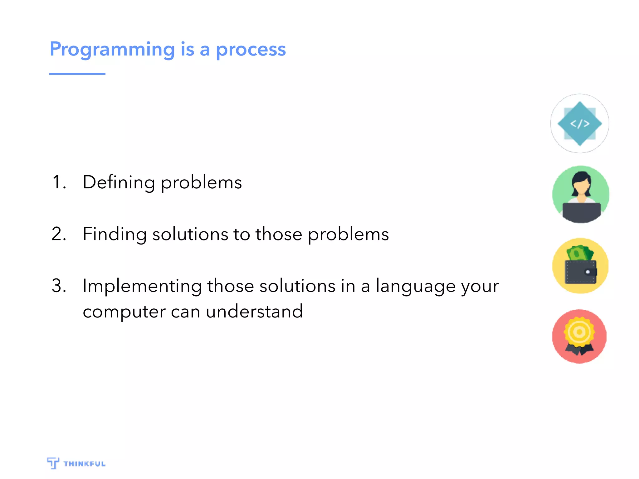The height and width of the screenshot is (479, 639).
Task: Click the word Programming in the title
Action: coord(112,50)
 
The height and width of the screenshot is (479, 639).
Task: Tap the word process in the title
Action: coord(251,50)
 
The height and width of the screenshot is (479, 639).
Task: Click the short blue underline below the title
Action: coord(77,74)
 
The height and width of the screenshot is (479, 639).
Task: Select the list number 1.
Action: coord(58,182)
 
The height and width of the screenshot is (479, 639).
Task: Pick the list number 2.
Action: coord(58,234)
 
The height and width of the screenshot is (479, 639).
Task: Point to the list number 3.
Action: coord(58,286)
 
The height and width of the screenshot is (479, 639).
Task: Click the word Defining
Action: coord(119,182)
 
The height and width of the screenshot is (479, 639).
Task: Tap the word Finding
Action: coord(115,234)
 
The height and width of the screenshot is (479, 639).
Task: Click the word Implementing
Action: coord(142,286)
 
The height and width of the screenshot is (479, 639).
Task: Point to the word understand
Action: coord(254,311)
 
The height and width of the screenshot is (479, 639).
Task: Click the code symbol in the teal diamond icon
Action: coord(580,124)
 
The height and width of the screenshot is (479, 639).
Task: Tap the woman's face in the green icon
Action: coord(581,186)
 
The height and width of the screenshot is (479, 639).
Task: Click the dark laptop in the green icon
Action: coord(581,212)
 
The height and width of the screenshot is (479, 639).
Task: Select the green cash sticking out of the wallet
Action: coord(579,253)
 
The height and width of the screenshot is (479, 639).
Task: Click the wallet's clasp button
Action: coord(588,272)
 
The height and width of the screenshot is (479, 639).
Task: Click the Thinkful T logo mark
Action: coord(53,463)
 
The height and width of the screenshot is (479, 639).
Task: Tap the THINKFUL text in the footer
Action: coord(84,464)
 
